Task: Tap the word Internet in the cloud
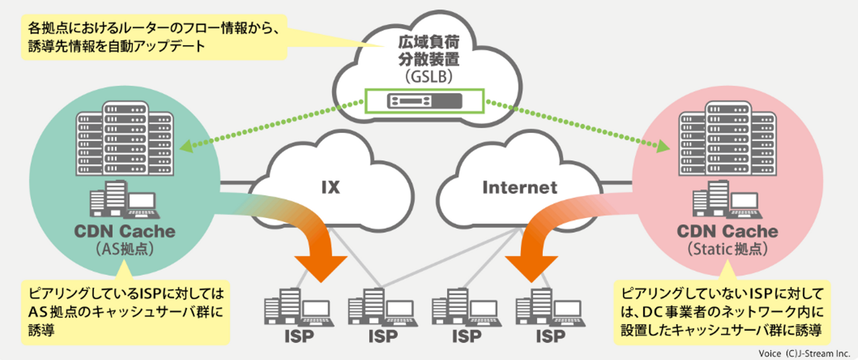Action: [520, 187]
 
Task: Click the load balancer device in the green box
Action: [425, 101]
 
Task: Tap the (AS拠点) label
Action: [125, 249]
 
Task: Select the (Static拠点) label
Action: [728, 249]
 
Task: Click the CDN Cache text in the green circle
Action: [125, 231]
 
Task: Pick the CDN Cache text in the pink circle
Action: [728, 231]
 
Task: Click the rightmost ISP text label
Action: [550, 337]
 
